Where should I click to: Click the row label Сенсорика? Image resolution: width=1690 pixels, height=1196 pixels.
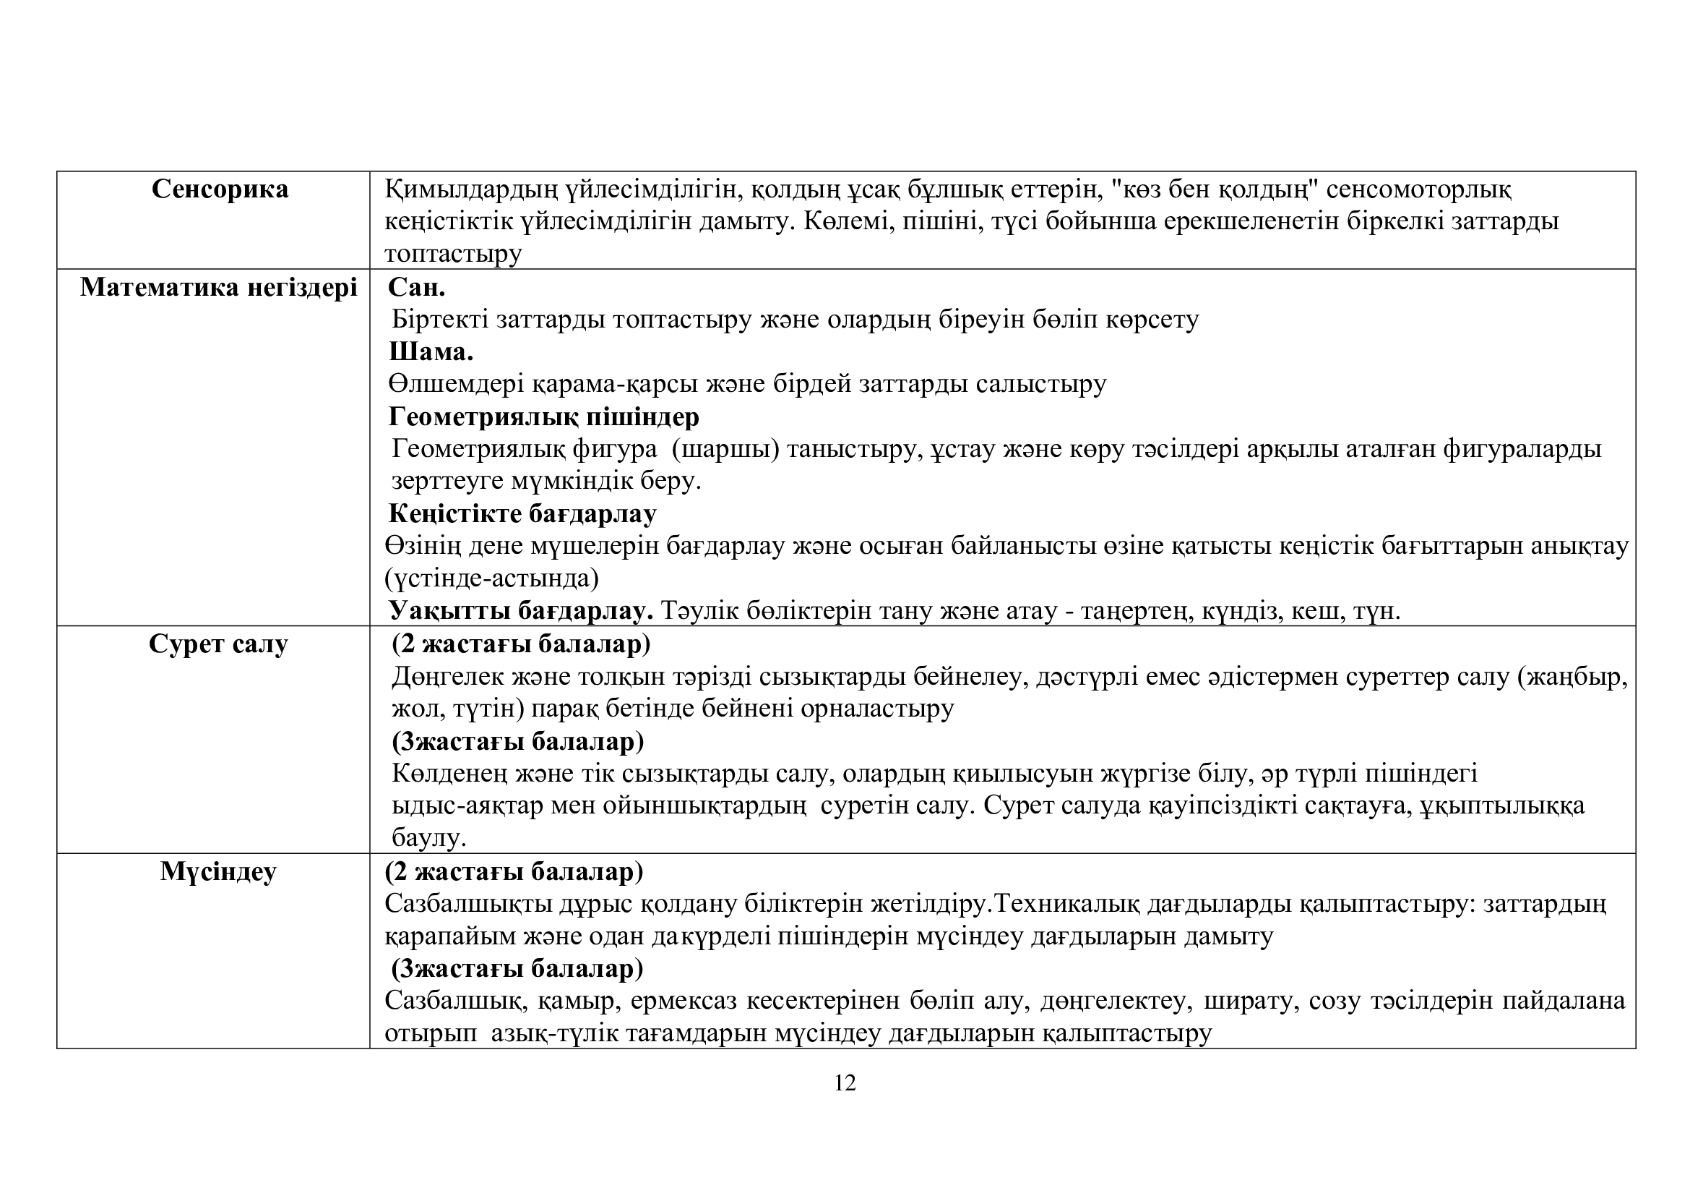click(x=220, y=190)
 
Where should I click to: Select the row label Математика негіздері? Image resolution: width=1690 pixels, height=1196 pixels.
click(x=219, y=287)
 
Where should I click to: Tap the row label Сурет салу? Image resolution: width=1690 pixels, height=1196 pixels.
click(x=218, y=644)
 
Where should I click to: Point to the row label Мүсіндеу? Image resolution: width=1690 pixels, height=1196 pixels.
click(x=218, y=872)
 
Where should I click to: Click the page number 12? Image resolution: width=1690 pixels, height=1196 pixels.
click(x=845, y=1083)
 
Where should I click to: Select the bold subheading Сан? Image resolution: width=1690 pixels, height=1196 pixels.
click(x=417, y=287)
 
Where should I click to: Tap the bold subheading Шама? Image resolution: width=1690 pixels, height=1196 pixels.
click(x=431, y=352)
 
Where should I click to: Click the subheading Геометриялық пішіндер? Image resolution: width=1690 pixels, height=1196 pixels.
click(x=544, y=417)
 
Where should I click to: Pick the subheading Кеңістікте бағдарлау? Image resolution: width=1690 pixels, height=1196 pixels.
click(x=522, y=513)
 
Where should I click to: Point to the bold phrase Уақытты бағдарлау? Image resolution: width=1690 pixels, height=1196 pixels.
click(x=521, y=610)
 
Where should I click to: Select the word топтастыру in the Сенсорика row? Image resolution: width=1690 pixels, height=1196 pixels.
click(x=454, y=254)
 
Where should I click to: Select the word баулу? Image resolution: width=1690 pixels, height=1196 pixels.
click(x=428, y=837)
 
